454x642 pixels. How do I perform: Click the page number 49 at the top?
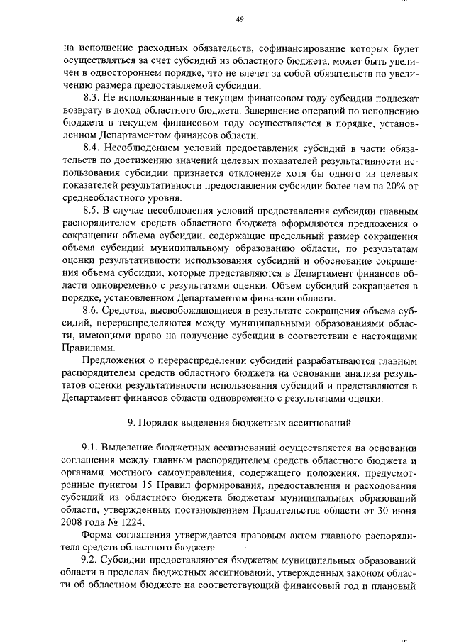click(239, 19)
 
